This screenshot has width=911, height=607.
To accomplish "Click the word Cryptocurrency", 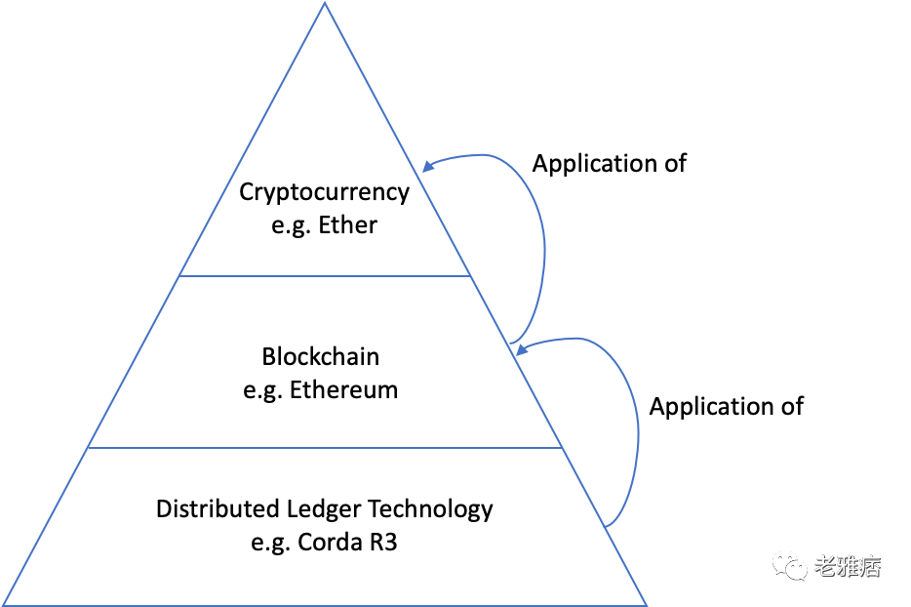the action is [x=325, y=191].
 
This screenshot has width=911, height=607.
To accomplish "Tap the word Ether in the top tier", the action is [x=347, y=224].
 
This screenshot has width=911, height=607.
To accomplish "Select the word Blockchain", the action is [x=320, y=357].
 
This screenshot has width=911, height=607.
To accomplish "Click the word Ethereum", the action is [x=343, y=390].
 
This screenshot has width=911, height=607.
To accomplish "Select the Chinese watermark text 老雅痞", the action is [x=847, y=565].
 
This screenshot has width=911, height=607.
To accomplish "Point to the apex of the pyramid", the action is [x=324, y=4].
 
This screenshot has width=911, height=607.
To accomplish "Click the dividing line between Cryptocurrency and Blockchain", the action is [x=325, y=276].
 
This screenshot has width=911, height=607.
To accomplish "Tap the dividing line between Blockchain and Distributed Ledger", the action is [x=325, y=448].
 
